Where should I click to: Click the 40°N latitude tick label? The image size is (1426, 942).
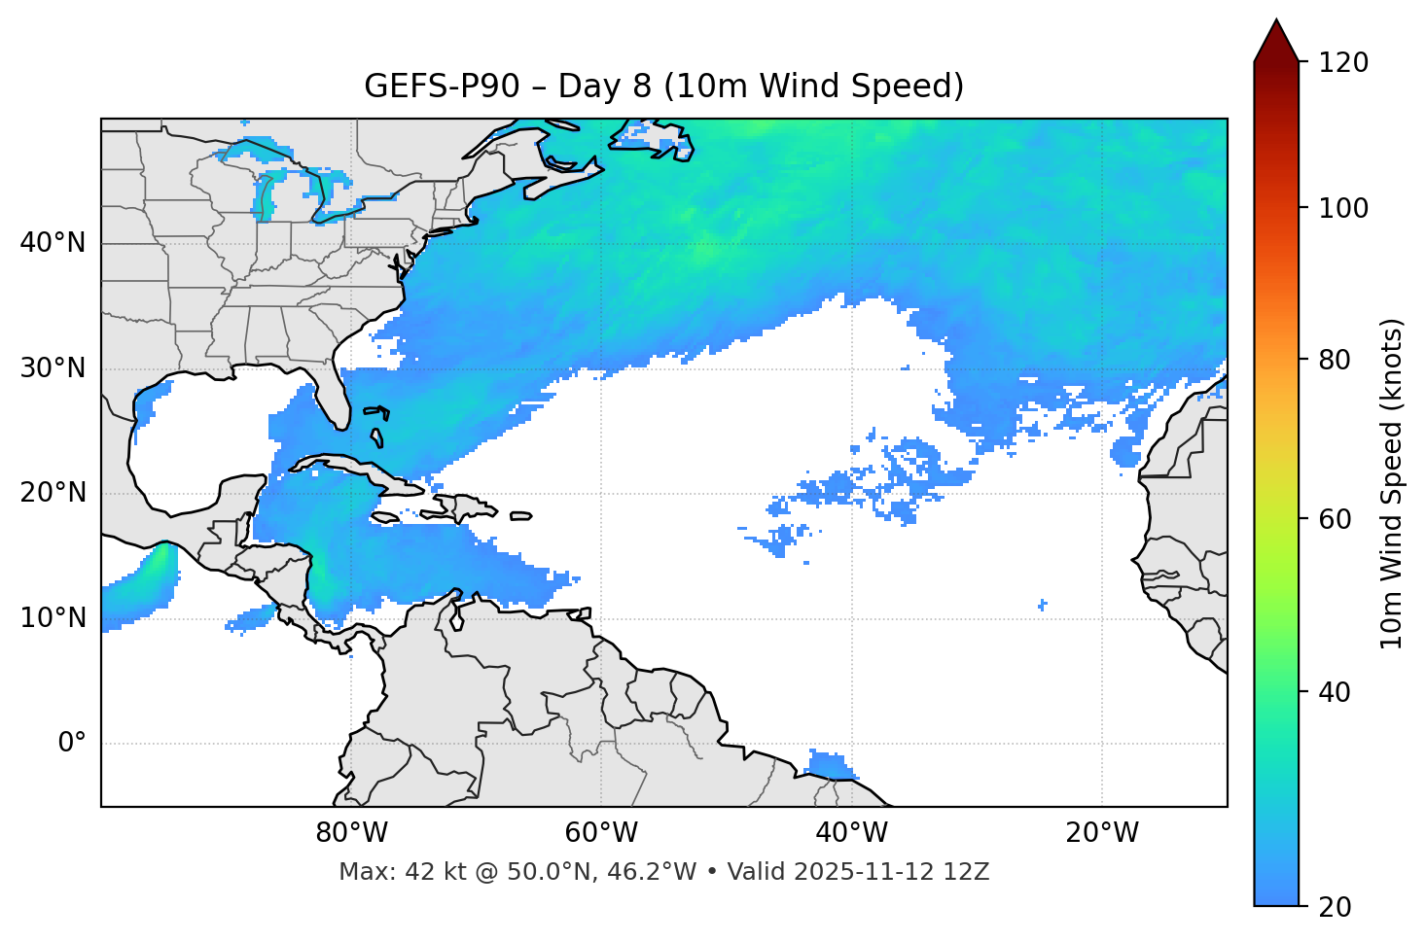pyautogui.click(x=53, y=243)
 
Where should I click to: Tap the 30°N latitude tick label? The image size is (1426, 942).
pyautogui.click(x=53, y=368)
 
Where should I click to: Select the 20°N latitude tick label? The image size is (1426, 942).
pyautogui.click(x=53, y=493)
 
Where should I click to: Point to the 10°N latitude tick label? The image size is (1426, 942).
pyautogui.click(x=53, y=618)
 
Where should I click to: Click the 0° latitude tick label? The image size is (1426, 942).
pyautogui.click(x=72, y=744)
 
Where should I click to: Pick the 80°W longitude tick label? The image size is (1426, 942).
pyautogui.click(x=351, y=833)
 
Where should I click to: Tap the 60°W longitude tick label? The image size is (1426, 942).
pyautogui.click(x=601, y=833)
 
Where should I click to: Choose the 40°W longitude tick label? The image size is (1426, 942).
pyautogui.click(x=851, y=833)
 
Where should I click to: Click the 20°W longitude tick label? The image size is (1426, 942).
pyautogui.click(x=1102, y=833)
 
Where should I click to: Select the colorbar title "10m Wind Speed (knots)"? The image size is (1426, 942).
pyautogui.click(x=1392, y=484)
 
